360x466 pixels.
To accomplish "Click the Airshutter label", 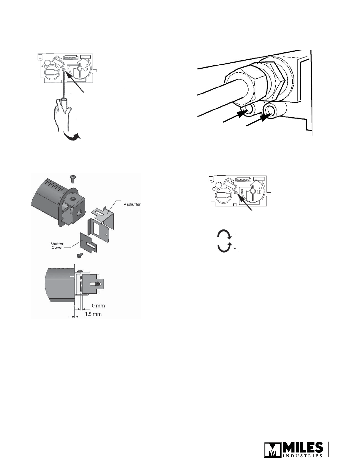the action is click(132, 204).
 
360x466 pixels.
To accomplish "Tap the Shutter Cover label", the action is click(57, 245).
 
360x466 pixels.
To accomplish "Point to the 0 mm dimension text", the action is click(98, 305).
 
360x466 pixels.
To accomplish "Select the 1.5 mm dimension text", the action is click(93, 314).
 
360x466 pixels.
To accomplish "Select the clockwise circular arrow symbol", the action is click(224, 234).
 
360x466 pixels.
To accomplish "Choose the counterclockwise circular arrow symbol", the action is click(224, 248).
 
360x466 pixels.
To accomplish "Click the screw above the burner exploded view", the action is click(73, 178).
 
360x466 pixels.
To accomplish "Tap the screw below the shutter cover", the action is click(80, 256).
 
